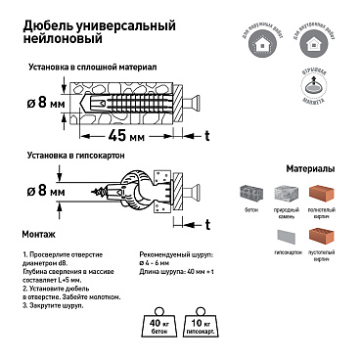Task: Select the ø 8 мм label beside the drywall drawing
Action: (x=46, y=193)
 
